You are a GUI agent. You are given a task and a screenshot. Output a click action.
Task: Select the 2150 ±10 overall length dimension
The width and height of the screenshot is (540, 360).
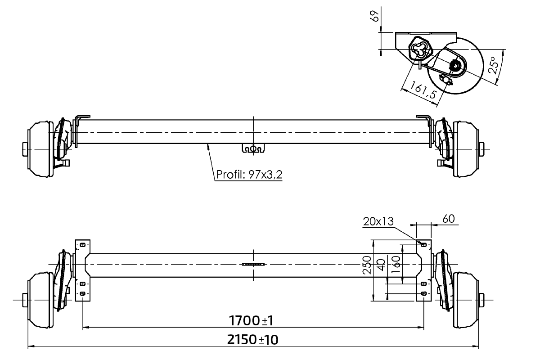point(253,340)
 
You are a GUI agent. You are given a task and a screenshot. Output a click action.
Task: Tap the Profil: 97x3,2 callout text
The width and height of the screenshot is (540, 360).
point(249,174)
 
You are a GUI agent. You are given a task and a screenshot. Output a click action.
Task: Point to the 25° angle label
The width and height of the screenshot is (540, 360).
point(494,65)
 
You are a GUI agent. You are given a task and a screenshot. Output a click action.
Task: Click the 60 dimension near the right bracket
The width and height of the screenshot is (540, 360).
point(448,219)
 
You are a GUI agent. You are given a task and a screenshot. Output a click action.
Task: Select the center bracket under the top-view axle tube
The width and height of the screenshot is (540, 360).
point(253,148)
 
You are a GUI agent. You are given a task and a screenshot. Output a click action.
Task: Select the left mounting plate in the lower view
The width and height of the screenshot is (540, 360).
point(82,270)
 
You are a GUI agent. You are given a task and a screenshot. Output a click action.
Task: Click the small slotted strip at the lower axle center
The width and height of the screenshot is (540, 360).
point(253,265)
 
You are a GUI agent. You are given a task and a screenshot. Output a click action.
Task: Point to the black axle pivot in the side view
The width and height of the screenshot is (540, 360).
point(456,67)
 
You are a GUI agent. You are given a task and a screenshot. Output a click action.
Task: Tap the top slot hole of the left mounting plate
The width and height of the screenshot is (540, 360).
point(82,245)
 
